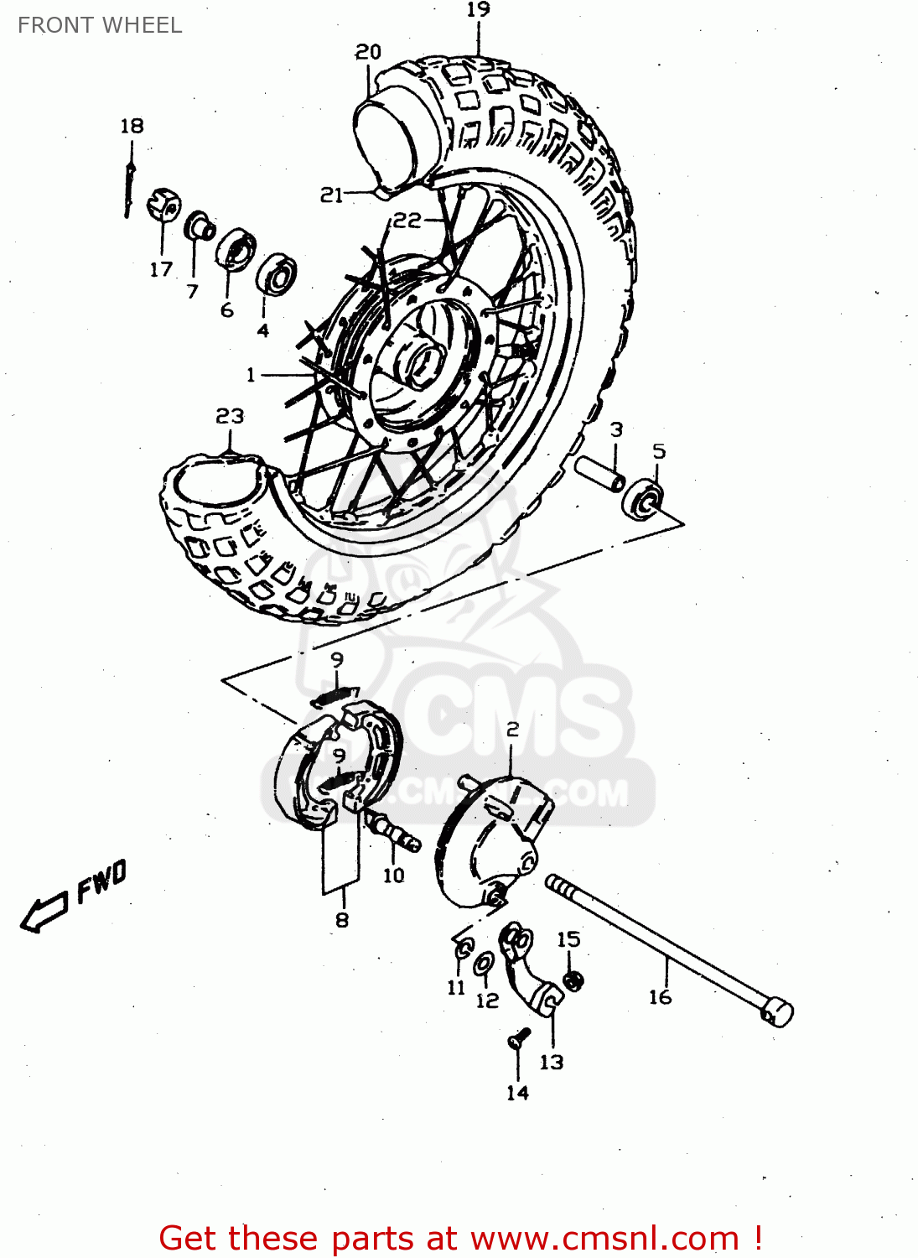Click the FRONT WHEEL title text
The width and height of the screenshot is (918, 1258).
pyautogui.click(x=100, y=25)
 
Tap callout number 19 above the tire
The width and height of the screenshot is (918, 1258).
pyautogui.click(x=478, y=10)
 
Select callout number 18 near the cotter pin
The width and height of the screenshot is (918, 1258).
pyautogui.click(x=132, y=126)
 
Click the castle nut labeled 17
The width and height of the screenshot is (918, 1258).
pyautogui.click(x=163, y=205)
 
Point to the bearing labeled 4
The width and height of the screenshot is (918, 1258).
pyautogui.click(x=276, y=273)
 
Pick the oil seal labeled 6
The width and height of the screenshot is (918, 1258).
pyautogui.click(x=237, y=249)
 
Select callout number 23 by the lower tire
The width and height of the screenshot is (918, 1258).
pyautogui.click(x=230, y=416)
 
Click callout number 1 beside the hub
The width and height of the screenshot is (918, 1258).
pyautogui.click(x=250, y=374)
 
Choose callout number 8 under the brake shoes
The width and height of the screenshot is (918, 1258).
pyautogui.click(x=341, y=920)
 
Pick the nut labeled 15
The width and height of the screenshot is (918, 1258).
pyautogui.click(x=573, y=979)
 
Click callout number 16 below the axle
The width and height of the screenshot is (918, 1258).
pyautogui.click(x=660, y=996)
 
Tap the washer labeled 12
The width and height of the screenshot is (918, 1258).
pyautogui.click(x=484, y=964)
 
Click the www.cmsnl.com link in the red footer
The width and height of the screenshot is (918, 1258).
pyautogui.click(x=604, y=1239)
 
